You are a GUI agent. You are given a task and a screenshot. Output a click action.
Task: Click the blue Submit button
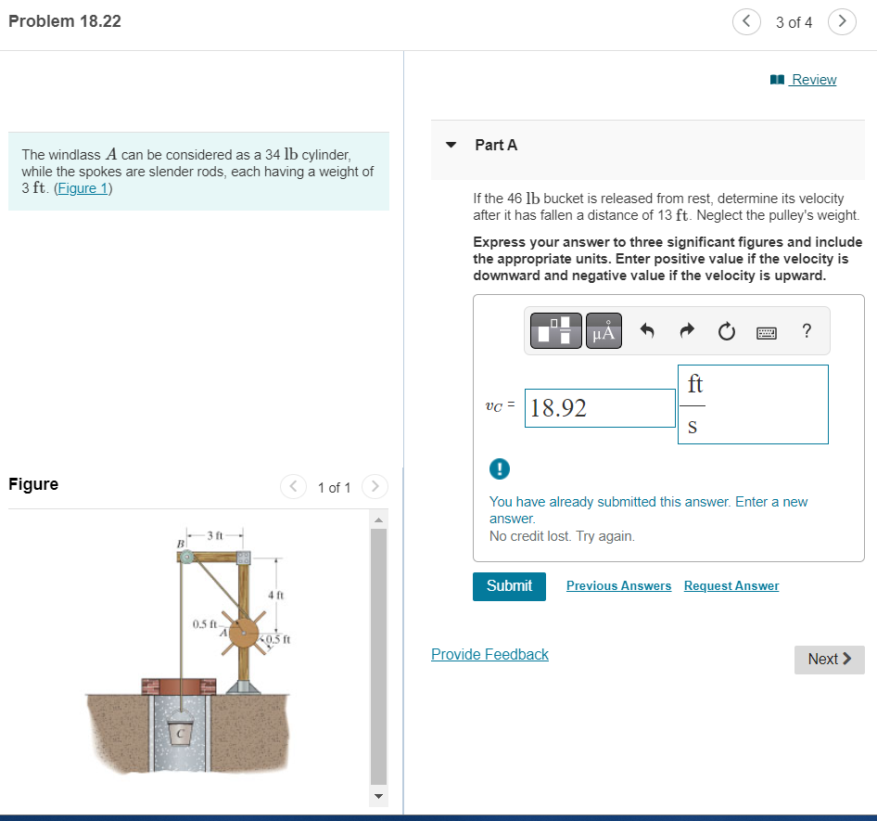coord(509,585)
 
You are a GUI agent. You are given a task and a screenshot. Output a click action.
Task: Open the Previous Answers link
coord(618,585)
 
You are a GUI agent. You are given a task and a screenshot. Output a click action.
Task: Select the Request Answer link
coord(731,585)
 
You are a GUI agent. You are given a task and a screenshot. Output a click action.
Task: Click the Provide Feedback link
coord(489,655)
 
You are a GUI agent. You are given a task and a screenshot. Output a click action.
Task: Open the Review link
coord(813,80)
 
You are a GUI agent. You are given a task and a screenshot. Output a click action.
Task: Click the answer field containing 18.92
coord(600,408)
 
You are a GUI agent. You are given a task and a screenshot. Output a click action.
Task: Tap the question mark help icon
coord(807,331)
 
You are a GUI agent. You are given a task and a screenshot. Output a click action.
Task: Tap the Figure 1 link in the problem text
coord(83,188)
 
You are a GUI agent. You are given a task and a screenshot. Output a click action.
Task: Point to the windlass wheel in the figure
coord(243,634)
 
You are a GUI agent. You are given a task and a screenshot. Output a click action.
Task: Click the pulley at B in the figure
coord(186,558)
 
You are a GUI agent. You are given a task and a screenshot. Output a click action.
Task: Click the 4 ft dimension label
coord(274,595)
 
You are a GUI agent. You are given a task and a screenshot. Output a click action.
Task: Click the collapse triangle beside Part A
coord(451,146)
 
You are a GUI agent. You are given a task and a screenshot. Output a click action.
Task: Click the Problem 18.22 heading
coord(65,20)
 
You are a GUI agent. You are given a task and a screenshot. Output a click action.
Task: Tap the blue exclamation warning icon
coord(498,468)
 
